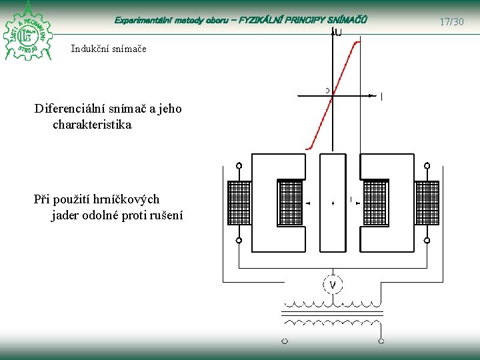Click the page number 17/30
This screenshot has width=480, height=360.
coord(451,22)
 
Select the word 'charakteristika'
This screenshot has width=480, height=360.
coord(92,125)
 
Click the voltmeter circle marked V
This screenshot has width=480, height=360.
coord(333,285)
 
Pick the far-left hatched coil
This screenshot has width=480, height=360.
coord(239,203)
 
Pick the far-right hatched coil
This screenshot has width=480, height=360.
coord(427,203)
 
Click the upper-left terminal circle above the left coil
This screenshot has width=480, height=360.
coord(239,165)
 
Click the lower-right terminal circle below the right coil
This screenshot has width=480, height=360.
coord(427,241)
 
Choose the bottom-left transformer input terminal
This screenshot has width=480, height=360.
coord(284,341)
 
